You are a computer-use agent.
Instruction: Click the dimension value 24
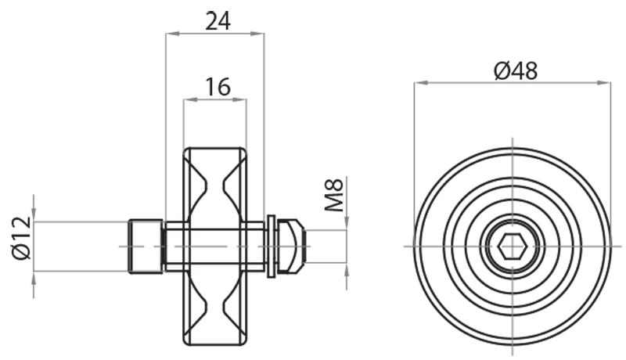tap(217, 21)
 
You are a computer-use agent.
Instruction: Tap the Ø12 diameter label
tap(21, 238)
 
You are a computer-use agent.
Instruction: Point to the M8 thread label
tap(335, 196)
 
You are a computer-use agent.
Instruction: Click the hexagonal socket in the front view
tap(512, 247)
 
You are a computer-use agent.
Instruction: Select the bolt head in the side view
tap(146, 247)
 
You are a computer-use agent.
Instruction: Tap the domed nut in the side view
tap(289, 247)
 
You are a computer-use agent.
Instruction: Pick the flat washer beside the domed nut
tap(272, 247)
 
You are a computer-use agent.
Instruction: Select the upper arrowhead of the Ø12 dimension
tap(34, 216)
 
